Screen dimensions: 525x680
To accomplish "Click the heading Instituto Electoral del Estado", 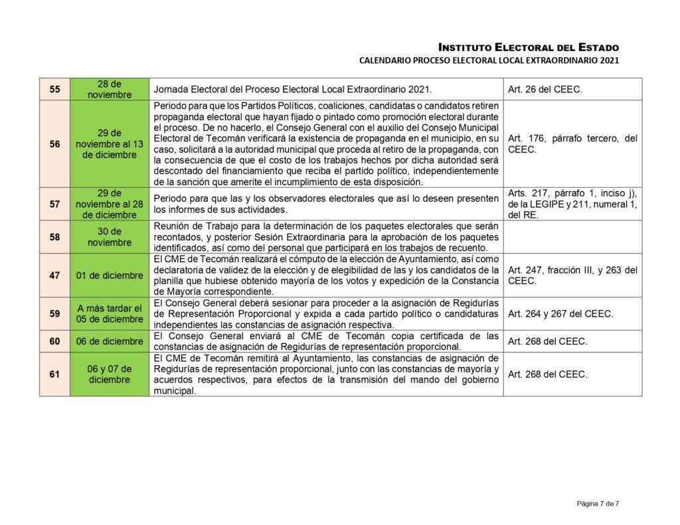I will [529, 47].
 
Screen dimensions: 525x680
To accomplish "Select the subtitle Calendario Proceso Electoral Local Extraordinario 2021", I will [489, 61].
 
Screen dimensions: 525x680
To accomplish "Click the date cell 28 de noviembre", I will [110, 89].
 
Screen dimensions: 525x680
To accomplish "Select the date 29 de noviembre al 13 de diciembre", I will [110, 144].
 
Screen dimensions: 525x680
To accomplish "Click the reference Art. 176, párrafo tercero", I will [572, 144].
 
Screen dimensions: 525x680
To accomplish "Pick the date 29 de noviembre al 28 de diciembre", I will [110, 204].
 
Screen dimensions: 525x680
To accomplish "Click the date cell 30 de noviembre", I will [110, 237].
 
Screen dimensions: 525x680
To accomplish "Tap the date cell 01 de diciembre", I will [110, 275].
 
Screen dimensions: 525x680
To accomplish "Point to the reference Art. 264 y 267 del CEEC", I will [560, 313].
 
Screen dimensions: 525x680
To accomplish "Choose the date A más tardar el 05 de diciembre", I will [110, 313].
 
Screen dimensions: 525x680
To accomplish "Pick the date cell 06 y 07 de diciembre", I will [110, 374].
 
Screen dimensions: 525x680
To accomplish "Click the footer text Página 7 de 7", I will [598, 504].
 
